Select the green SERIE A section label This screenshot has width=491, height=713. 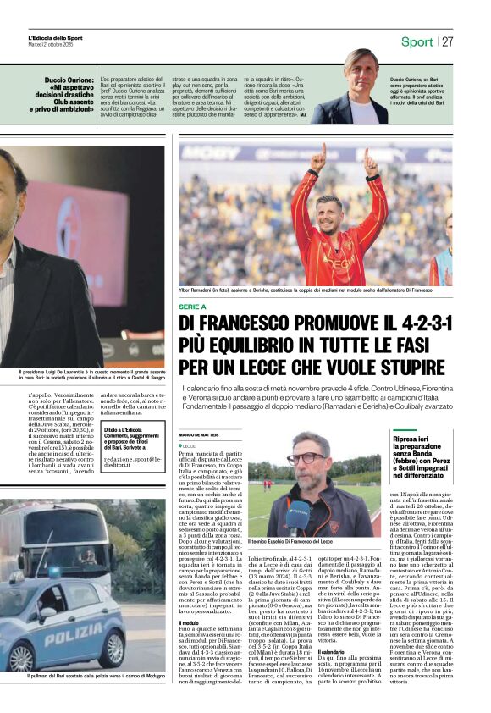tap(192, 306)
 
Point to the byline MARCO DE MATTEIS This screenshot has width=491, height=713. tap(199, 435)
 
